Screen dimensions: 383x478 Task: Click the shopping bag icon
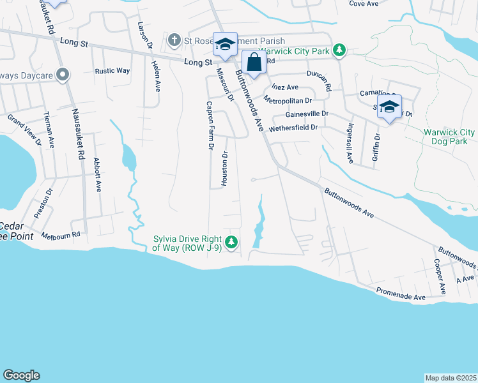[x=254, y=63]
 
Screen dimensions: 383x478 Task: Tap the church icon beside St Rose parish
[x=173, y=41]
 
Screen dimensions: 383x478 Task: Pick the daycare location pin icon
[x=62, y=76]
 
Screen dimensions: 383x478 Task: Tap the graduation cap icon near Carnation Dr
[x=389, y=107]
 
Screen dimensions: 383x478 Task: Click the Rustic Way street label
[x=112, y=71]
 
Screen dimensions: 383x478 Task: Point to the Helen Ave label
[x=155, y=76]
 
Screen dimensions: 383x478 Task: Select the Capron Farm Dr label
[x=209, y=125]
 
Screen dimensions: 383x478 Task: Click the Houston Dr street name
[x=224, y=169]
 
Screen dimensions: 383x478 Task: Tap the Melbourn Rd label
[x=61, y=235]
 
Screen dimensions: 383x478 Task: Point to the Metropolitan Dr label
[x=288, y=100]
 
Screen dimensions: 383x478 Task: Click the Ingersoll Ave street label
[x=350, y=143]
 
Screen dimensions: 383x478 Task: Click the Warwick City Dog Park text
[x=449, y=137]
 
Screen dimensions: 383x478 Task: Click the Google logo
[x=21, y=375]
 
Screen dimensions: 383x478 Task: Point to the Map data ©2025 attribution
[x=451, y=378]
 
